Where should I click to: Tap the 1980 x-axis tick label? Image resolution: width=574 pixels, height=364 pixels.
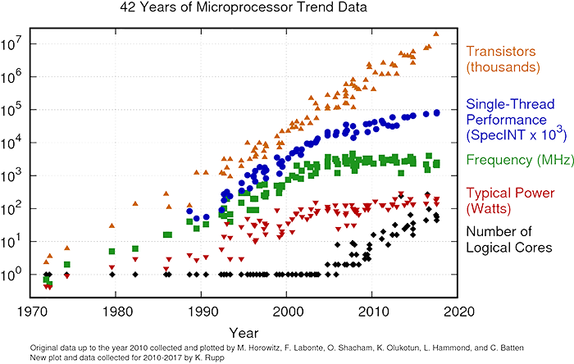point(119,312)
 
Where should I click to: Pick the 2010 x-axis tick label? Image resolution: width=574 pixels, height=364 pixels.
point(374,312)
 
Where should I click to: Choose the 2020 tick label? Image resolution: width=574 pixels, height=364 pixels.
point(458,312)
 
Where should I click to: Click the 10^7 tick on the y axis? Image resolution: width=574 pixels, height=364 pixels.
point(18,42)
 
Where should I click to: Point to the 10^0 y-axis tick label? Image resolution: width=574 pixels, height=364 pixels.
point(18,274)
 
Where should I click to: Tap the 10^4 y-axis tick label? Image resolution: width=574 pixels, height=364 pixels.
point(18,142)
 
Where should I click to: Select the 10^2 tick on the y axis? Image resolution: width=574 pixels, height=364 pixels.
point(18,208)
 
